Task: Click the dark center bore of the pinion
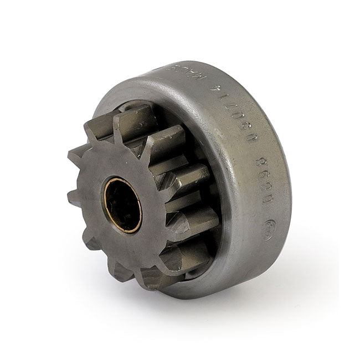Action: pyautogui.click(x=122, y=205)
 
